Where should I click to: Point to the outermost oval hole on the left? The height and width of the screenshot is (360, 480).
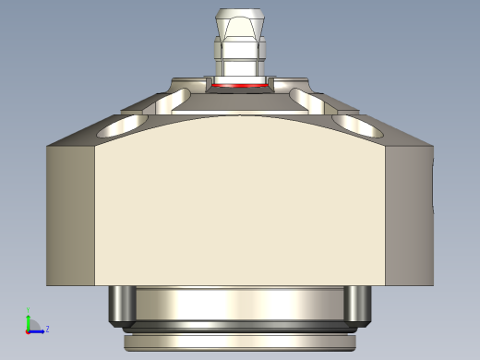click(126, 123)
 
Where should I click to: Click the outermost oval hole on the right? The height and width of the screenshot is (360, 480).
click(354, 123)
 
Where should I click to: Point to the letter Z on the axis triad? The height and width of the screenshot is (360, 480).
click(47, 328)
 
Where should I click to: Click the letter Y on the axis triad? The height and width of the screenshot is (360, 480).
click(28, 311)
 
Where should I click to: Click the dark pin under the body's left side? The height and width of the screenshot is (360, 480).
click(120, 305)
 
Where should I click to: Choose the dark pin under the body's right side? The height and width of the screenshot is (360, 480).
click(359, 305)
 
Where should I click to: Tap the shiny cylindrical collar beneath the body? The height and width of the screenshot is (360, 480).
click(240, 303)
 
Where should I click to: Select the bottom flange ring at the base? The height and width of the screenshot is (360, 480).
click(240, 342)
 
